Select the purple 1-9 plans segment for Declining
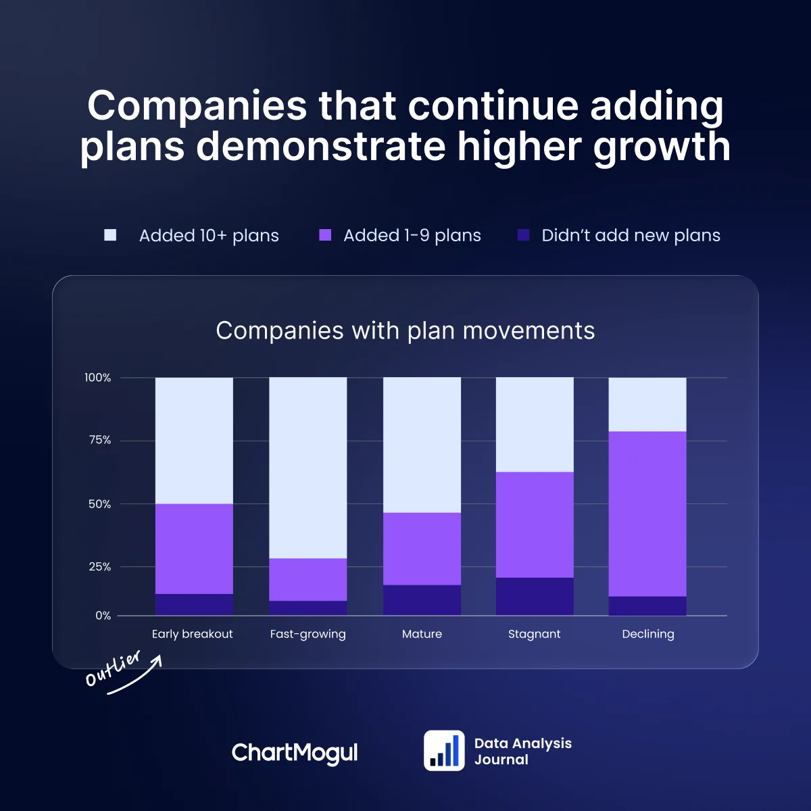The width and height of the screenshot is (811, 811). click(x=647, y=514)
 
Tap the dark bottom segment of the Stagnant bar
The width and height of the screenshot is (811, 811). click(x=535, y=596)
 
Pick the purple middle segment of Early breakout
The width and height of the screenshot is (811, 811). click(x=194, y=549)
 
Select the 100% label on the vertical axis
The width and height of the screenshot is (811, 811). click(x=97, y=378)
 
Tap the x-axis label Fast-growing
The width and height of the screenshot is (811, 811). click(x=308, y=634)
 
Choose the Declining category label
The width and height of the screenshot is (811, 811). click(x=647, y=634)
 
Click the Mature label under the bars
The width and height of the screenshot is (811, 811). click(x=422, y=634)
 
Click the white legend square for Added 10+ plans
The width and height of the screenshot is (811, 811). click(x=110, y=235)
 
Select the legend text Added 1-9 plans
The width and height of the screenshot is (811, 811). click(x=412, y=235)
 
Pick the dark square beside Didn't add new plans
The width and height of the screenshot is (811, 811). click(x=523, y=235)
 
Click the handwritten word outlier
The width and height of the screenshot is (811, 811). click(x=114, y=668)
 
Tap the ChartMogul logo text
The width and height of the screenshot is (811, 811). click(x=295, y=752)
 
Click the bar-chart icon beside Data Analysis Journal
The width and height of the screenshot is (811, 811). click(x=444, y=750)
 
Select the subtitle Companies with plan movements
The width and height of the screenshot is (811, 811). click(x=405, y=330)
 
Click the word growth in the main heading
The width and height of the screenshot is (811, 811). click(x=662, y=146)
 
